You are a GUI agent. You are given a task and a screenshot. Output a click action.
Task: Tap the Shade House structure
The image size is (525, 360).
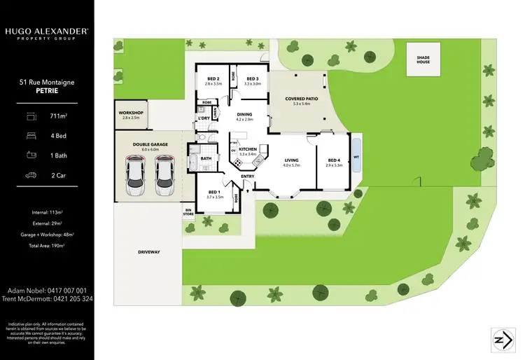[423, 58]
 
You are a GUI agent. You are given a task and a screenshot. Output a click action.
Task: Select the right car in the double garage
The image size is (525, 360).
[165, 176]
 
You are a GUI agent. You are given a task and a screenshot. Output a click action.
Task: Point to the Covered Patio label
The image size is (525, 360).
[302, 99]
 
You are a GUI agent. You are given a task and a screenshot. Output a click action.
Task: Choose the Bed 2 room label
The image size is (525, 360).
[213, 78]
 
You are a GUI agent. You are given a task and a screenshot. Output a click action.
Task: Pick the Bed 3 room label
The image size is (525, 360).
[252, 78]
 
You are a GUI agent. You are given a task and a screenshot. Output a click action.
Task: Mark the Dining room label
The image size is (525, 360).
[244, 114]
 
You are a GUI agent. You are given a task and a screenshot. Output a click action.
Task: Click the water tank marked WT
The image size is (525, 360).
[356, 157]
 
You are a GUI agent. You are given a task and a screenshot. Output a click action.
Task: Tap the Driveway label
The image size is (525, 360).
[148, 251]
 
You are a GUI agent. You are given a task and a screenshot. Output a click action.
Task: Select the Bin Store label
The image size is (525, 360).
[188, 211]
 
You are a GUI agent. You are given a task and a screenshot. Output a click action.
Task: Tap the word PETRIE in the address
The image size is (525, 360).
[47, 90]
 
